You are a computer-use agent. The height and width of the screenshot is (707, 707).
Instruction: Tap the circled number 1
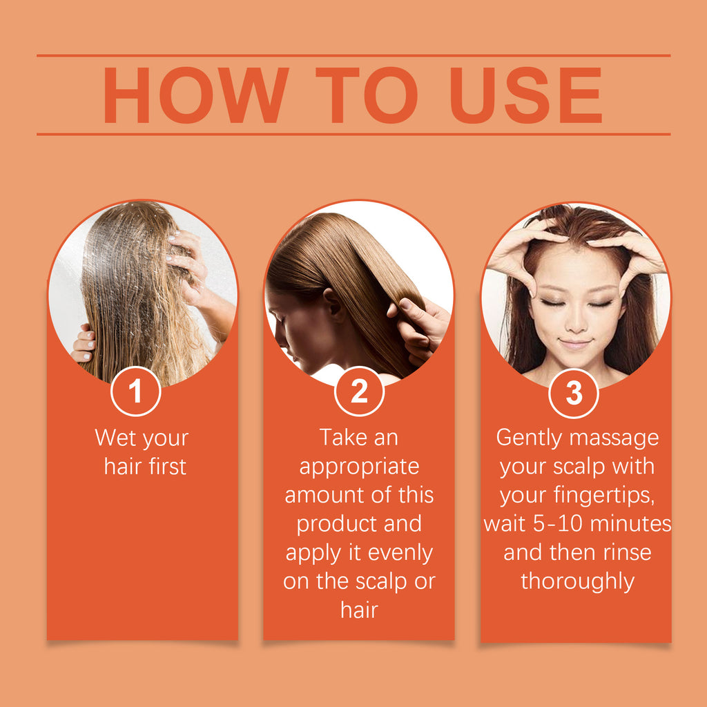(135, 391)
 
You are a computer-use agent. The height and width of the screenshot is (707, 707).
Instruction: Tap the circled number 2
(359, 391)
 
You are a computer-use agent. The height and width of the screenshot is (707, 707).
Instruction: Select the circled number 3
(574, 391)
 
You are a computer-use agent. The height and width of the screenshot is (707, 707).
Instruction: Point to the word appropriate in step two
(359, 467)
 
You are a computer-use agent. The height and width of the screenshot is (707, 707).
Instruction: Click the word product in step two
(337, 524)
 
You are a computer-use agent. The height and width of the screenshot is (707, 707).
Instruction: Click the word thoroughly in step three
(577, 581)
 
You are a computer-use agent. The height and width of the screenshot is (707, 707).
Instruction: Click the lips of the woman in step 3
(574, 343)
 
